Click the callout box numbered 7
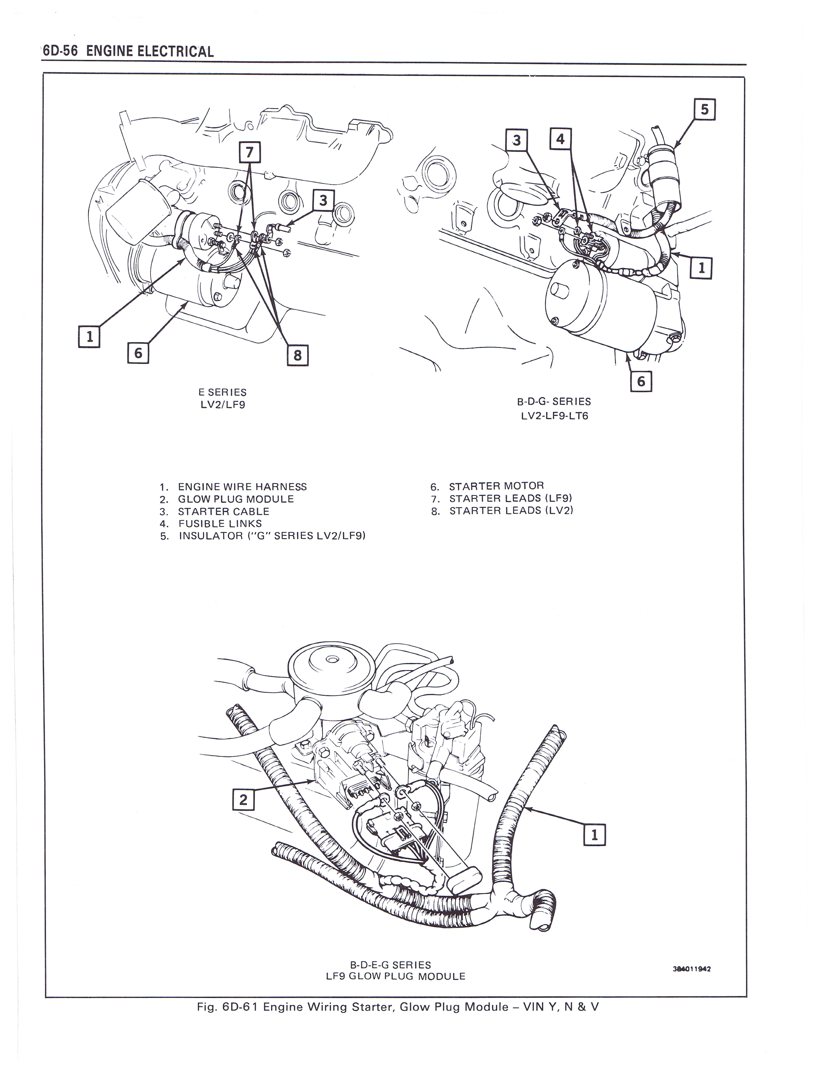[x=250, y=152]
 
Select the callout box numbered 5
[x=705, y=109]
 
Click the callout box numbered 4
[x=560, y=139]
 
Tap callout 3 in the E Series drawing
[x=323, y=201]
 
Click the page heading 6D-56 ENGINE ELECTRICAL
[x=128, y=51]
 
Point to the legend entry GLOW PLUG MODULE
[x=236, y=499]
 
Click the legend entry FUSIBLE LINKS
[x=220, y=524]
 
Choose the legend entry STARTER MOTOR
[x=496, y=486]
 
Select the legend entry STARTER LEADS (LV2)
[x=511, y=511]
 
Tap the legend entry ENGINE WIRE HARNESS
[x=242, y=487]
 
